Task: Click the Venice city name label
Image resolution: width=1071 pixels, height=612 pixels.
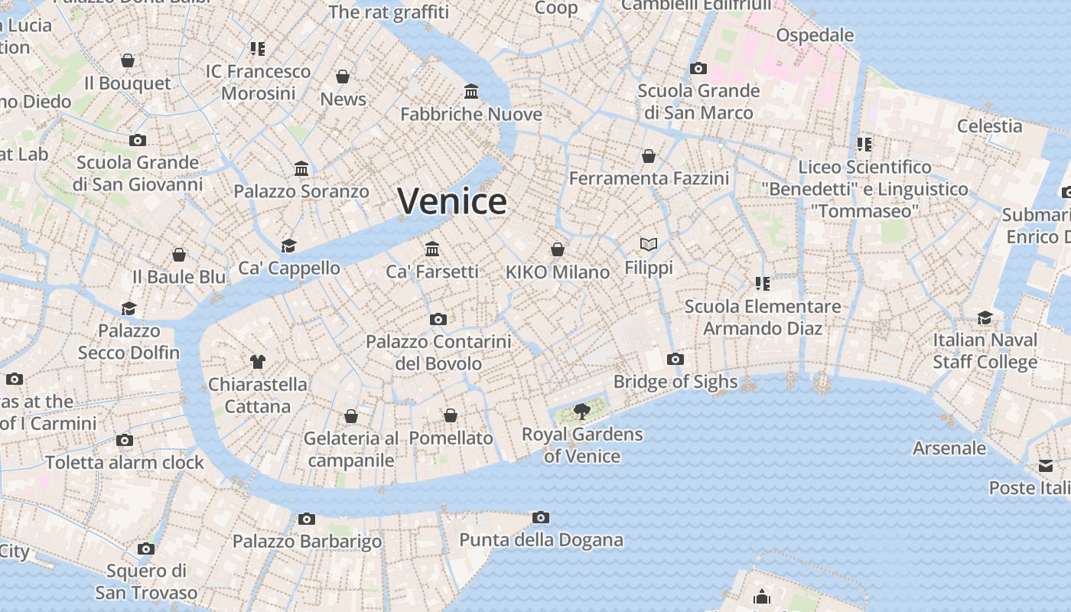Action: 452,201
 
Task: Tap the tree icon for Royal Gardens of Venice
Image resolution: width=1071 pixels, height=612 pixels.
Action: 582,412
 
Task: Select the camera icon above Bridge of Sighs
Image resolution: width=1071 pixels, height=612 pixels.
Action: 675,359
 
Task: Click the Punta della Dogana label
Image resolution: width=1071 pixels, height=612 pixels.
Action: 541,540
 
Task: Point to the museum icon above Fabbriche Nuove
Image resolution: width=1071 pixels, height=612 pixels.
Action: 471,92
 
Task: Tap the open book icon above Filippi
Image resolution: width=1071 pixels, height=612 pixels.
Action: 649,244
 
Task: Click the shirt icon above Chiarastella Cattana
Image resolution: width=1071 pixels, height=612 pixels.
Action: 257,361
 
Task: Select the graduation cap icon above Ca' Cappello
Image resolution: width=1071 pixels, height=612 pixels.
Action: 288,245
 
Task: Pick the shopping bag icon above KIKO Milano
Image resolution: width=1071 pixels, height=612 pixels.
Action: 558,249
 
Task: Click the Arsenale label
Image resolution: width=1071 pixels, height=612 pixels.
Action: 949,448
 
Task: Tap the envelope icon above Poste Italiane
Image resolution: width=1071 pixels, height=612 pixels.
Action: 1046,466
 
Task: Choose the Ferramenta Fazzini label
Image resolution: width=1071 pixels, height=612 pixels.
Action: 649,178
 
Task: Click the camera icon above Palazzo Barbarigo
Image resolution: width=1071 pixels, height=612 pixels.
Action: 307,519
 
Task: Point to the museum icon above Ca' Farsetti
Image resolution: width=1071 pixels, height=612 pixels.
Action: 432,249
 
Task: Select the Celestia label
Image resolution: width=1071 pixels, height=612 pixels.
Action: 989,126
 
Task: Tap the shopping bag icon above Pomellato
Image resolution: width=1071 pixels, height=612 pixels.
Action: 451,415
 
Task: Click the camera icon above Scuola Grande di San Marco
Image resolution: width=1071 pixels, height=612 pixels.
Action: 698,68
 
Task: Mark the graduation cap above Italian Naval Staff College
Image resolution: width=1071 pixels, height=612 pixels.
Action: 985,317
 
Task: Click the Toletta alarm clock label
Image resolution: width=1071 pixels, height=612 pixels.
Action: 125,463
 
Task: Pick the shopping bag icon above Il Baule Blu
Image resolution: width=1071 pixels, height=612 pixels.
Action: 179,254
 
